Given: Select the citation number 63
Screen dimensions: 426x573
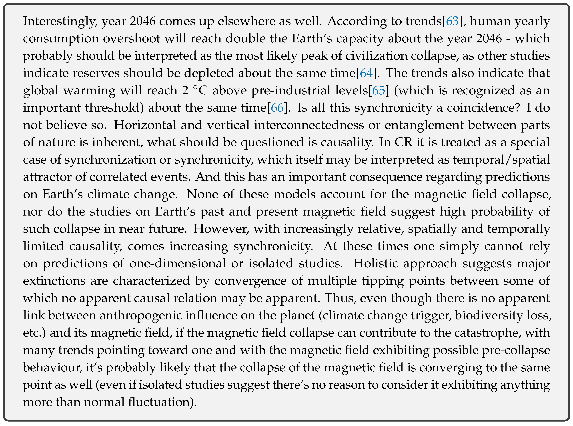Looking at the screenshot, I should pyautogui.click(x=452, y=21).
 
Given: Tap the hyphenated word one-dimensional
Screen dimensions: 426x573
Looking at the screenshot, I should pyautogui.click(x=178, y=264).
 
